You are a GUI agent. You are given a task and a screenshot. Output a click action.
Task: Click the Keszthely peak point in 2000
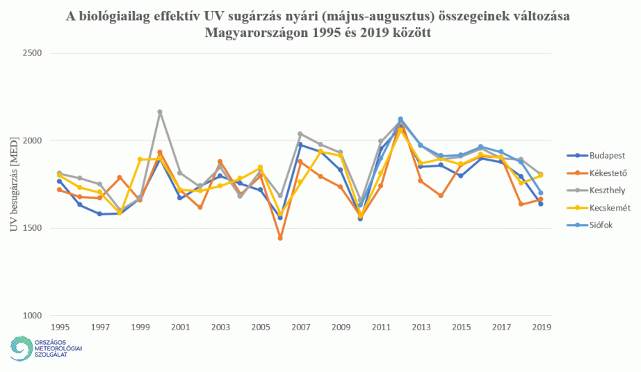point(160,112)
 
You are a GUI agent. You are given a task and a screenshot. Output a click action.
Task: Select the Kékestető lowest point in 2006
point(280,238)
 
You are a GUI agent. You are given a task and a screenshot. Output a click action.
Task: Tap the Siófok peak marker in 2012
point(400,119)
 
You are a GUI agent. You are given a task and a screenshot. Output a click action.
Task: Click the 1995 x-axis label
point(60,326)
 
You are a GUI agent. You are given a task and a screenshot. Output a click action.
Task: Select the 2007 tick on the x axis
point(300,326)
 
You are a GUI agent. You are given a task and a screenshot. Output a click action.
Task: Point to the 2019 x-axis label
point(540,326)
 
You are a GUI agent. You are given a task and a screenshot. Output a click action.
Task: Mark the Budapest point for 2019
point(540,204)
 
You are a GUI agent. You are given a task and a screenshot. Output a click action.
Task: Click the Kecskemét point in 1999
point(140,159)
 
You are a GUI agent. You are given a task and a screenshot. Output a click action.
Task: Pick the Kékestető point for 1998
point(120,177)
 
